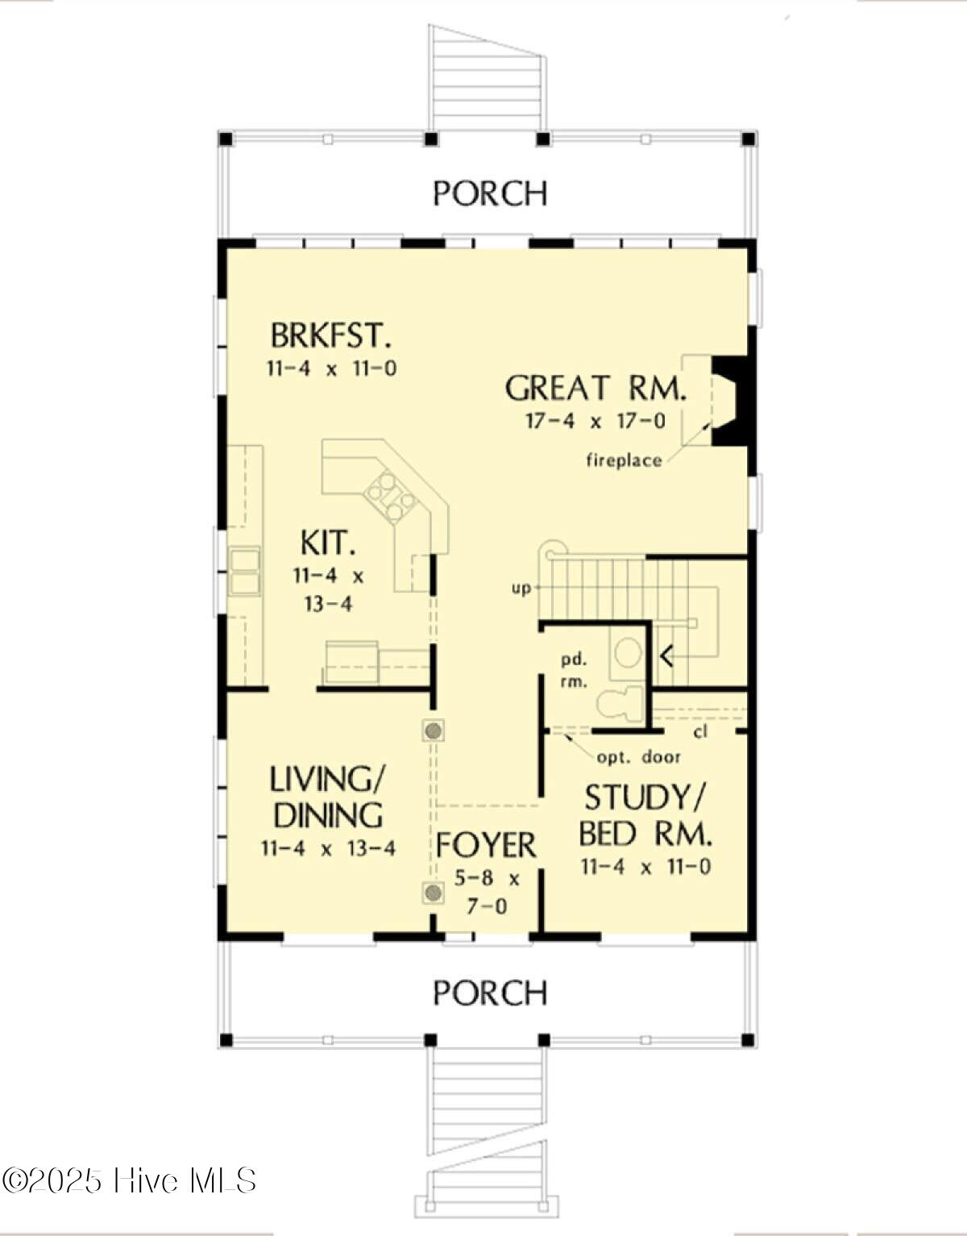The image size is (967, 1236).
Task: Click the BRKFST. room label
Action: coord(331,335)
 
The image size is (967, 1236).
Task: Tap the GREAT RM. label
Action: coord(596,389)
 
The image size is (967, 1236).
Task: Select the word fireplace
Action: coord(625,460)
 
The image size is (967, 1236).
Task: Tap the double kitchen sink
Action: coord(244,571)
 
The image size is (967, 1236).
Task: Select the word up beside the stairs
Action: coord(521,588)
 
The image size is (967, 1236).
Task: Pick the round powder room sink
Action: coord(628,653)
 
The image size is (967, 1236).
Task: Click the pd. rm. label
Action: coord(574,671)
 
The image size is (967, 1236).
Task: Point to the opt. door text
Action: coord(638,757)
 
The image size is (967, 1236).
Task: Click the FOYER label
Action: coord(485,845)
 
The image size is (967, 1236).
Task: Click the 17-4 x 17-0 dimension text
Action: coord(596,422)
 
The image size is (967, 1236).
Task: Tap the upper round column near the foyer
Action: coord(434,730)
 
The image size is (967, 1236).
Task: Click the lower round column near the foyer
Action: coord(434,893)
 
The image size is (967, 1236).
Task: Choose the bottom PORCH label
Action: coord(490,993)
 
